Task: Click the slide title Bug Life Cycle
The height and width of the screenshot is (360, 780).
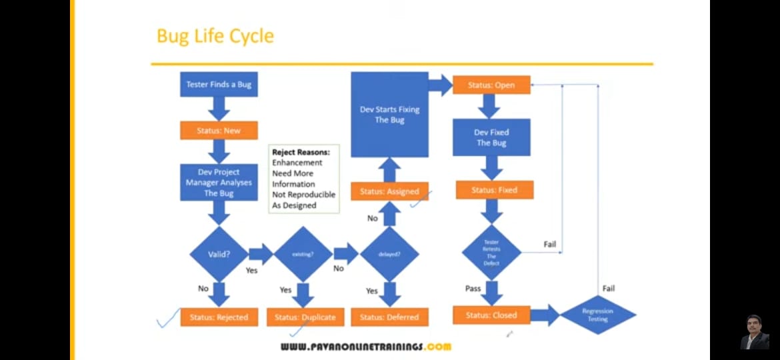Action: (215, 36)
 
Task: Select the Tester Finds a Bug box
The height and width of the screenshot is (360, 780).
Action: (219, 85)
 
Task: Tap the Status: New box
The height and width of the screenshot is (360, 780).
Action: (219, 131)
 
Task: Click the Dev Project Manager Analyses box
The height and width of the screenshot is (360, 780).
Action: (219, 183)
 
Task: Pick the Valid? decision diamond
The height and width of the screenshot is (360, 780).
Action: (219, 254)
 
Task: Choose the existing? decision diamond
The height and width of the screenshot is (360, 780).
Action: (303, 254)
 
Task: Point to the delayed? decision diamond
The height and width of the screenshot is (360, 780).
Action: (389, 254)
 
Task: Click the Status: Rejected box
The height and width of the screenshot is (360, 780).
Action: (219, 317)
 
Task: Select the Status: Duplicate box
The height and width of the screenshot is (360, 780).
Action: (305, 317)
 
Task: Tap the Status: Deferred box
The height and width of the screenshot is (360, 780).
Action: (389, 317)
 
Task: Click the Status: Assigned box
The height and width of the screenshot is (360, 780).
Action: (389, 191)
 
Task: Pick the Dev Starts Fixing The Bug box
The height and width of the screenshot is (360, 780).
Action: (389, 115)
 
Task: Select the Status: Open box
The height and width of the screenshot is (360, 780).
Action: (492, 85)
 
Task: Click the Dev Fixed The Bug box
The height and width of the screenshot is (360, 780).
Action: (491, 138)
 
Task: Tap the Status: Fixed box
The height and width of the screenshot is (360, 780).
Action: (494, 190)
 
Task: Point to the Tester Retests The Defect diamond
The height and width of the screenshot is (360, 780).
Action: (491, 251)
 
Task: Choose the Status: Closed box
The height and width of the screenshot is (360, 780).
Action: (491, 315)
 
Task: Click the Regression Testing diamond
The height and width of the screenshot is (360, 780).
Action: (597, 315)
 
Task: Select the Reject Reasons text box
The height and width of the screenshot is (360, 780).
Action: (303, 179)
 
